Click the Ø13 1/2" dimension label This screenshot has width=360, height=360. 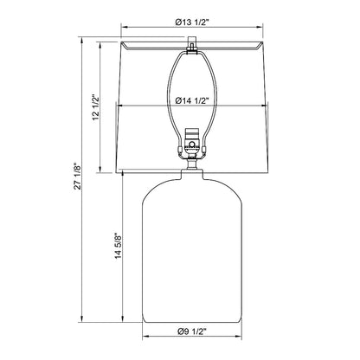click(x=191, y=22)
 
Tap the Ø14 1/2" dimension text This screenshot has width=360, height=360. click(x=192, y=100)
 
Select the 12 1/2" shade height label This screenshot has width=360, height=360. click(x=96, y=107)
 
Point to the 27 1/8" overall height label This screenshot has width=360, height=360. click(x=78, y=177)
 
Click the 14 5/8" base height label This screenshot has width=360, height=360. click(x=119, y=246)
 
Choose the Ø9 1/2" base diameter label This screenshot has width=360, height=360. click(x=192, y=331)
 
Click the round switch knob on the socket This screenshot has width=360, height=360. click(x=192, y=144)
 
